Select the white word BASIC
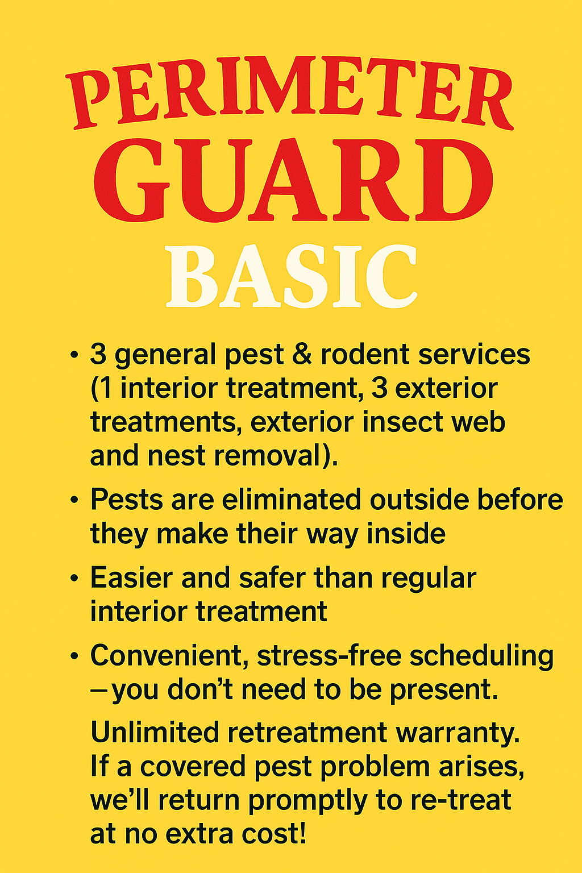[292, 276]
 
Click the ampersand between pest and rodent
[302, 355]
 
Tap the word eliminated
[292, 500]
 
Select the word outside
[419, 500]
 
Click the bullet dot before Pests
[74, 500]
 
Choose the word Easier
[132, 577]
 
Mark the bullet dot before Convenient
[74, 656]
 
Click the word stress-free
[330, 655]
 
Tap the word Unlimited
[155, 732]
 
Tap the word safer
[272, 577]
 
